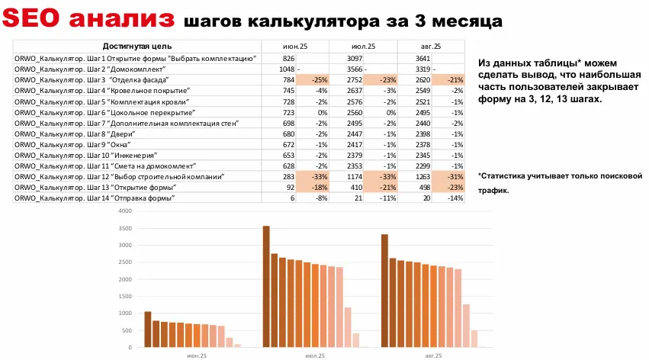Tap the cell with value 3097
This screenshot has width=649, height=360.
[353, 58]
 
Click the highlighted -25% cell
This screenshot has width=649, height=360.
[318, 79]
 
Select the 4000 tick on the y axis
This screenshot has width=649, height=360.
[127, 207]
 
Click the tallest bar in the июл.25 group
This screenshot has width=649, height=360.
[266, 286]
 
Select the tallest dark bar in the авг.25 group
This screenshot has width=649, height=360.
[384, 291]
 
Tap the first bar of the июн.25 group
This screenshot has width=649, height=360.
[148, 329]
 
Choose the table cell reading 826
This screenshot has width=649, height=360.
[288, 58]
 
